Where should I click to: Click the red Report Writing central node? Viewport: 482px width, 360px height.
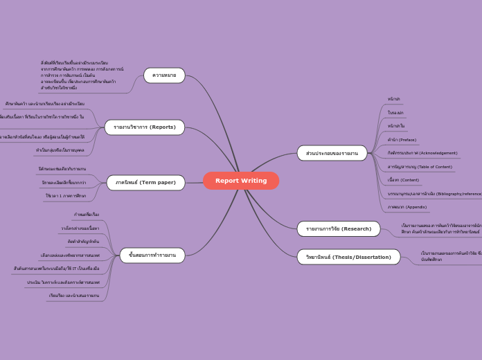[241, 181]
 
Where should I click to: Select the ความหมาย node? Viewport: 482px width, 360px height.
[164, 75]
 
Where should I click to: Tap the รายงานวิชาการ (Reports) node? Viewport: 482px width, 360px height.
[145, 127]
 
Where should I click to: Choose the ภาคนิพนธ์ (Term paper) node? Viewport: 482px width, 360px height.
[145, 183]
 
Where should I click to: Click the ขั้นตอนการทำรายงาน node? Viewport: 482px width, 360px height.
[152, 255]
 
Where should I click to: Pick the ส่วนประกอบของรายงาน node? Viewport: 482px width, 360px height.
[332, 153]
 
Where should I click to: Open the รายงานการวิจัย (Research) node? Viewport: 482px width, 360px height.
[339, 229]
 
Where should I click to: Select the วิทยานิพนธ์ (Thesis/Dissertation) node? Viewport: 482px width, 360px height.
[348, 258]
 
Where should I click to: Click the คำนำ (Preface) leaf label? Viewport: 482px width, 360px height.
[402, 140]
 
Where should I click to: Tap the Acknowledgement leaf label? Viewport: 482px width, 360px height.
[422, 153]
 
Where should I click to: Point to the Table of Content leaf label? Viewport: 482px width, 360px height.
[420, 167]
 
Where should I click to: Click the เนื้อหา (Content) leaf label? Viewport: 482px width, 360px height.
[403, 180]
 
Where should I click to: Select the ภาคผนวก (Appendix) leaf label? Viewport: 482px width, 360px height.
[407, 207]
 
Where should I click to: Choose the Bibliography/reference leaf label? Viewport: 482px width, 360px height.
[434, 194]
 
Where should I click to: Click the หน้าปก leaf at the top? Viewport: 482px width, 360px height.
[394, 99]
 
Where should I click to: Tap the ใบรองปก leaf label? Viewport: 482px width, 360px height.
[395, 113]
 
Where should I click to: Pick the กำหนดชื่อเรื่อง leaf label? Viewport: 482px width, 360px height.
[87, 215]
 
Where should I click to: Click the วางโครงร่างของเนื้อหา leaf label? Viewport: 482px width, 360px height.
[80, 228]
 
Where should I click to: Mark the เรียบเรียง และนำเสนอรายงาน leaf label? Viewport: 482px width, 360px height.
[74, 296]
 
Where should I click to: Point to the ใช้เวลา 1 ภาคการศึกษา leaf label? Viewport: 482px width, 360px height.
[66, 196]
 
